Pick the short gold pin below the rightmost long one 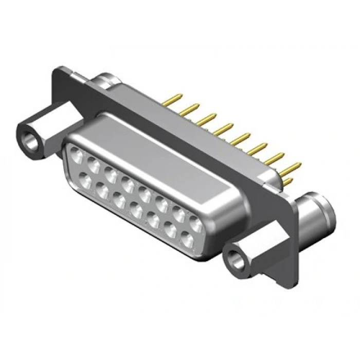(x=290, y=181)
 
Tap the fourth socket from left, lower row (x=137, y=210)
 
